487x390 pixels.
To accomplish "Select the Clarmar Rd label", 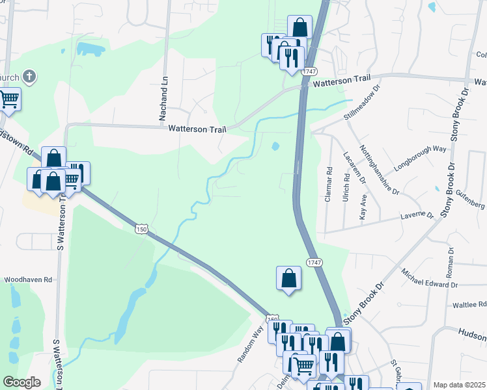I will (x=329, y=185).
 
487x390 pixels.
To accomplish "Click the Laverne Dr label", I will (x=417, y=214).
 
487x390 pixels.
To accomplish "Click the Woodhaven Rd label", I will (x=28, y=279).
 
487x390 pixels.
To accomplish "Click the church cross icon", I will (x=28, y=77).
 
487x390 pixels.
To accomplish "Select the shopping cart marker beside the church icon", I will (x=9, y=99).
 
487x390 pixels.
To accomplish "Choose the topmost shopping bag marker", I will (x=299, y=27).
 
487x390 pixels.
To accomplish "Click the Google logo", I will (x=21, y=382).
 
